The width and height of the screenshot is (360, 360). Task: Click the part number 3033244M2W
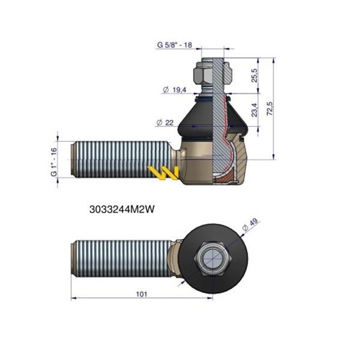(122, 210)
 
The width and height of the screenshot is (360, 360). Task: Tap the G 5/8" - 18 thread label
(174, 45)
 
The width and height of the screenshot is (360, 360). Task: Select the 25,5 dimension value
(254, 76)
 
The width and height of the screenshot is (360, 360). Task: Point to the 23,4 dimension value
(254, 110)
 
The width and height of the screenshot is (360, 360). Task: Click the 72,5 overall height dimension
(270, 109)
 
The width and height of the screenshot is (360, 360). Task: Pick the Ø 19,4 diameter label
(174, 90)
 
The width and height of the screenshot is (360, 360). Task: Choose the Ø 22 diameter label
(165, 122)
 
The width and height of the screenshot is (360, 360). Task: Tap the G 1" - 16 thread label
(54, 162)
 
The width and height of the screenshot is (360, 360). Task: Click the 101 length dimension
(142, 294)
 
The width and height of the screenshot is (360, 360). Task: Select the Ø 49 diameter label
(250, 225)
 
